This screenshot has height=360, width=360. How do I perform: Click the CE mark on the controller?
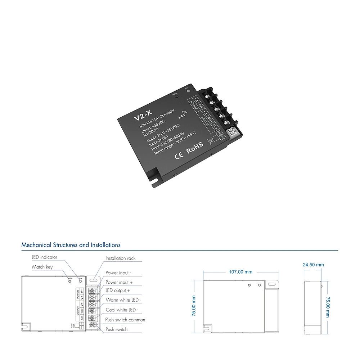[x=179, y=156]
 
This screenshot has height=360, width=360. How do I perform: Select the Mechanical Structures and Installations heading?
[x=71, y=245]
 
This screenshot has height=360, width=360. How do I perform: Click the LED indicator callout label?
[x=44, y=257]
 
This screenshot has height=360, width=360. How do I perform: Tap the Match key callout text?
[x=42, y=267]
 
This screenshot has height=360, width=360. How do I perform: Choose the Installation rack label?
[x=121, y=258]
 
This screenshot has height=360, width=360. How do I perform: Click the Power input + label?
[x=119, y=283]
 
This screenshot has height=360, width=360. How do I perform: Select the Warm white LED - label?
[x=123, y=300]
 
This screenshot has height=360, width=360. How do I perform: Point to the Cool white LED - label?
[x=122, y=310]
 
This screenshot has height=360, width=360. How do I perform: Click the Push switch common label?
[x=125, y=320]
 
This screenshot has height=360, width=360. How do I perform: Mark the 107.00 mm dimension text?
[x=241, y=272]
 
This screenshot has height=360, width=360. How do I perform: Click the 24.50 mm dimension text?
[x=313, y=265]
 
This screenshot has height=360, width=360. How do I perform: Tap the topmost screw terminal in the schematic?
[x=92, y=290]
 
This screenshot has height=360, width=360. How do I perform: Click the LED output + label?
[x=118, y=290]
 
